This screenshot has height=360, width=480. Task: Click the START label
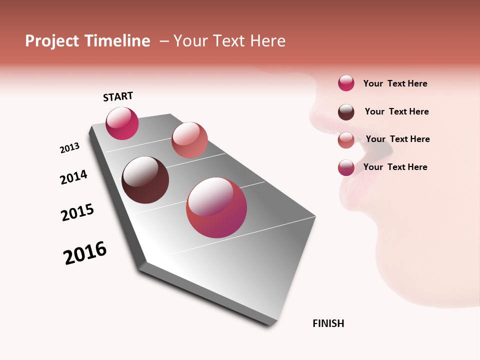(118, 96)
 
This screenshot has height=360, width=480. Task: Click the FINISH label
(328, 323)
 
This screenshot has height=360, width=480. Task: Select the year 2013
(69, 148)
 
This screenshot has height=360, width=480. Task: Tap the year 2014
(73, 177)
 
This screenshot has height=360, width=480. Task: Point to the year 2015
(77, 212)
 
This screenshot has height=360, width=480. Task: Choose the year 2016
(85, 253)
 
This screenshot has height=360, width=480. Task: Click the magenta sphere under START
(122, 123)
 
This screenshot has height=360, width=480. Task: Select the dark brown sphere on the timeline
(145, 180)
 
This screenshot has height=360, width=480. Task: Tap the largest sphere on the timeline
(216, 207)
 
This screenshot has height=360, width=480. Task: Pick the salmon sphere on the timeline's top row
(189, 140)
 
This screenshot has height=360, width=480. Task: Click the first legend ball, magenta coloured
(346, 83)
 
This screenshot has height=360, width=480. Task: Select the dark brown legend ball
(346, 112)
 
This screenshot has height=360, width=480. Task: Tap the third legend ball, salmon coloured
(346, 140)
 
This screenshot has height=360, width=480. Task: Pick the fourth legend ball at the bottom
(346, 167)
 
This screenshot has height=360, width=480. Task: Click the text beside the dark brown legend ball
(396, 111)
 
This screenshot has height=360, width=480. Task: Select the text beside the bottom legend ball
(395, 167)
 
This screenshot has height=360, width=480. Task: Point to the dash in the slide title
(164, 41)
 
